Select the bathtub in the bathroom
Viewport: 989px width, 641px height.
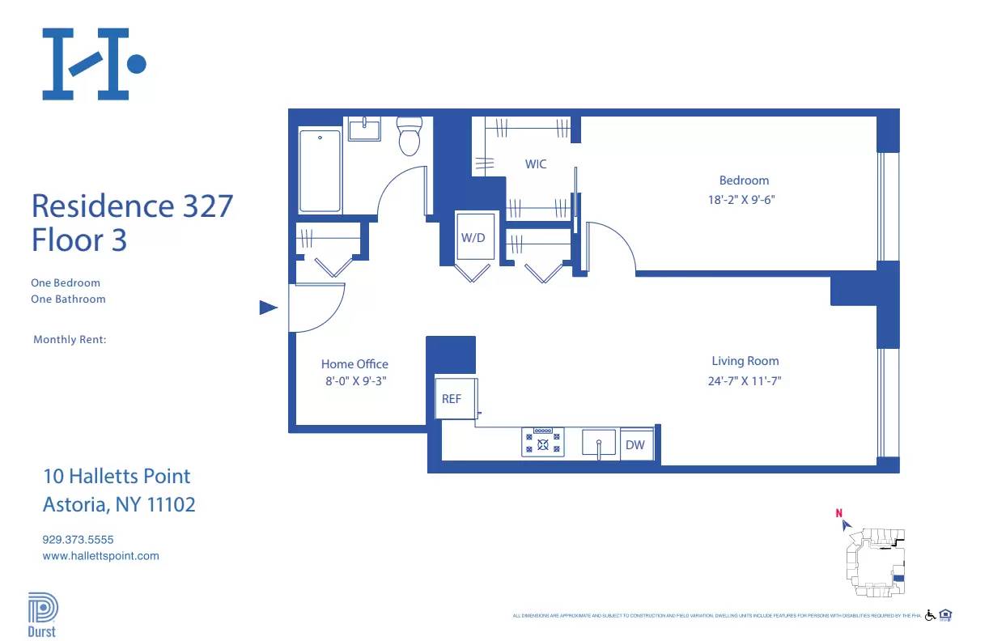[x=320, y=171]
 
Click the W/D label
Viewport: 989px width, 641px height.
[x=473, y=238]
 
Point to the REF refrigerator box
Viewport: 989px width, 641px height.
[x=452, y=398]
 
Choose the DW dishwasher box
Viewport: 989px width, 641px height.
[x=635, y=445]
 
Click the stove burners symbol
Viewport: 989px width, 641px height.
[x=543, y=442]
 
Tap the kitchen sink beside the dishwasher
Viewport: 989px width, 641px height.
[x=600, y=444]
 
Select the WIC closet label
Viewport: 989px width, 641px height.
[x=536, y=164]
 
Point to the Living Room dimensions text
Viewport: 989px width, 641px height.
[x=745, y=380]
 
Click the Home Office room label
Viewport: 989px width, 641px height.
[x=354, y=364]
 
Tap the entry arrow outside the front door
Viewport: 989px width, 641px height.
[x=268, y=308]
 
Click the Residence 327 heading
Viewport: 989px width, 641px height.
[x=132, y=206]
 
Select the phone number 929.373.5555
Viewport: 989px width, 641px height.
[x=83, y=539]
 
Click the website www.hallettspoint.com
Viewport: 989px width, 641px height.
[x=100, y=556]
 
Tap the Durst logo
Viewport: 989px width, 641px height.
[x=42, y=615]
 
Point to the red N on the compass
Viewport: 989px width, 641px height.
[x=839, y=512]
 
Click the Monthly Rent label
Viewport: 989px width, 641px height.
[x=70, y=340]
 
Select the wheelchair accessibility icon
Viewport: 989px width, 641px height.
[x=930, y=615]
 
